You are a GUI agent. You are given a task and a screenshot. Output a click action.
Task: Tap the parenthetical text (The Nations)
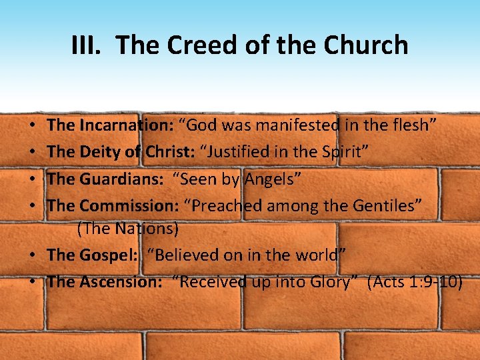click(x=128, y=229)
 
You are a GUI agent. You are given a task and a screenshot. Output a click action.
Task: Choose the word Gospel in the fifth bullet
click(x=106, y=255)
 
